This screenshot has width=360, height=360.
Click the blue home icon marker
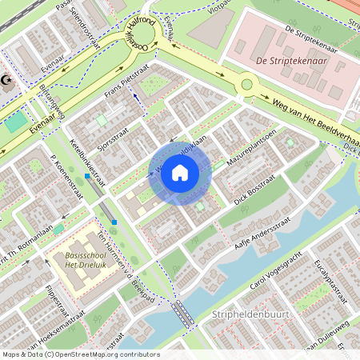[180, 172]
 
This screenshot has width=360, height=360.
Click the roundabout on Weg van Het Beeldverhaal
[246, 83]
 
